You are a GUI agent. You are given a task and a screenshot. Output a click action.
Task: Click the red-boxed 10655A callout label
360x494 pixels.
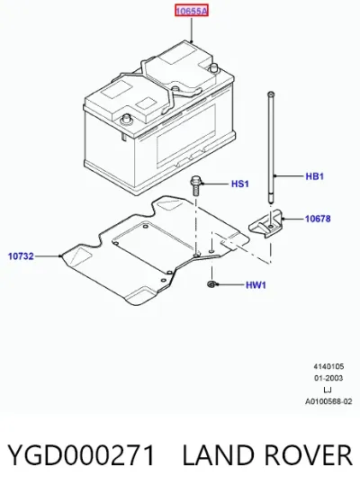[192, 12]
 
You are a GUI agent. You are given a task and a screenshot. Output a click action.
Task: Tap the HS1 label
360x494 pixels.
[240, 184]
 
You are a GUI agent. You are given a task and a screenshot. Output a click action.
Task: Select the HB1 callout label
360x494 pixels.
[315, 176]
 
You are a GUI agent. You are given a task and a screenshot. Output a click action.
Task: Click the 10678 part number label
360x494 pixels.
[318, 219]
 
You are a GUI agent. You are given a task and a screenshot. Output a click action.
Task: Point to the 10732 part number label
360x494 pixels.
[21, 256]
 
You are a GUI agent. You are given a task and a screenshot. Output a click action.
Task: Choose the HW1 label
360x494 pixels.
[256, 285]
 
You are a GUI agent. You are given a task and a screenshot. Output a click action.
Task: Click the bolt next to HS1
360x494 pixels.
[195, 186]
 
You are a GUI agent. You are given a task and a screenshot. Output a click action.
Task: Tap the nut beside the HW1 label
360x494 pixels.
[211, 284]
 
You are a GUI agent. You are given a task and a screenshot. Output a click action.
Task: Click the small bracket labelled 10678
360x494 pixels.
[266, 223]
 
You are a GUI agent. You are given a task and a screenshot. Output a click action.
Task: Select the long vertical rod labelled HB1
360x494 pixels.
[272, 148]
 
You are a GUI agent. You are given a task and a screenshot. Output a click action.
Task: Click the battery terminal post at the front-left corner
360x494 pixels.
[126, 119]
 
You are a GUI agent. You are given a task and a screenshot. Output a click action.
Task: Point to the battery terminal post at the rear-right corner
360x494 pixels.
[214, 67]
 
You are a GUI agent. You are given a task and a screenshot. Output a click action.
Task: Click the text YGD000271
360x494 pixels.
[81, 455]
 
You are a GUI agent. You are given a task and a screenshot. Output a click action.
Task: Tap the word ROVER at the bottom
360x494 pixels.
[308, 455]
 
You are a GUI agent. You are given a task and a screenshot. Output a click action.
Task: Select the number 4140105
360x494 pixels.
[328, 366]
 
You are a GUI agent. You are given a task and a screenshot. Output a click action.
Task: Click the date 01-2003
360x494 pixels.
[328, 378]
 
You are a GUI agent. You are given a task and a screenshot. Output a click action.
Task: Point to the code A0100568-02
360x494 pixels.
[328, 401]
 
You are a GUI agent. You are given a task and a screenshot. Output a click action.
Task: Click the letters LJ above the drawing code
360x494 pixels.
[328, 390]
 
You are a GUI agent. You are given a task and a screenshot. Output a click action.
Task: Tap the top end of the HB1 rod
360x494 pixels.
[271, 94]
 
